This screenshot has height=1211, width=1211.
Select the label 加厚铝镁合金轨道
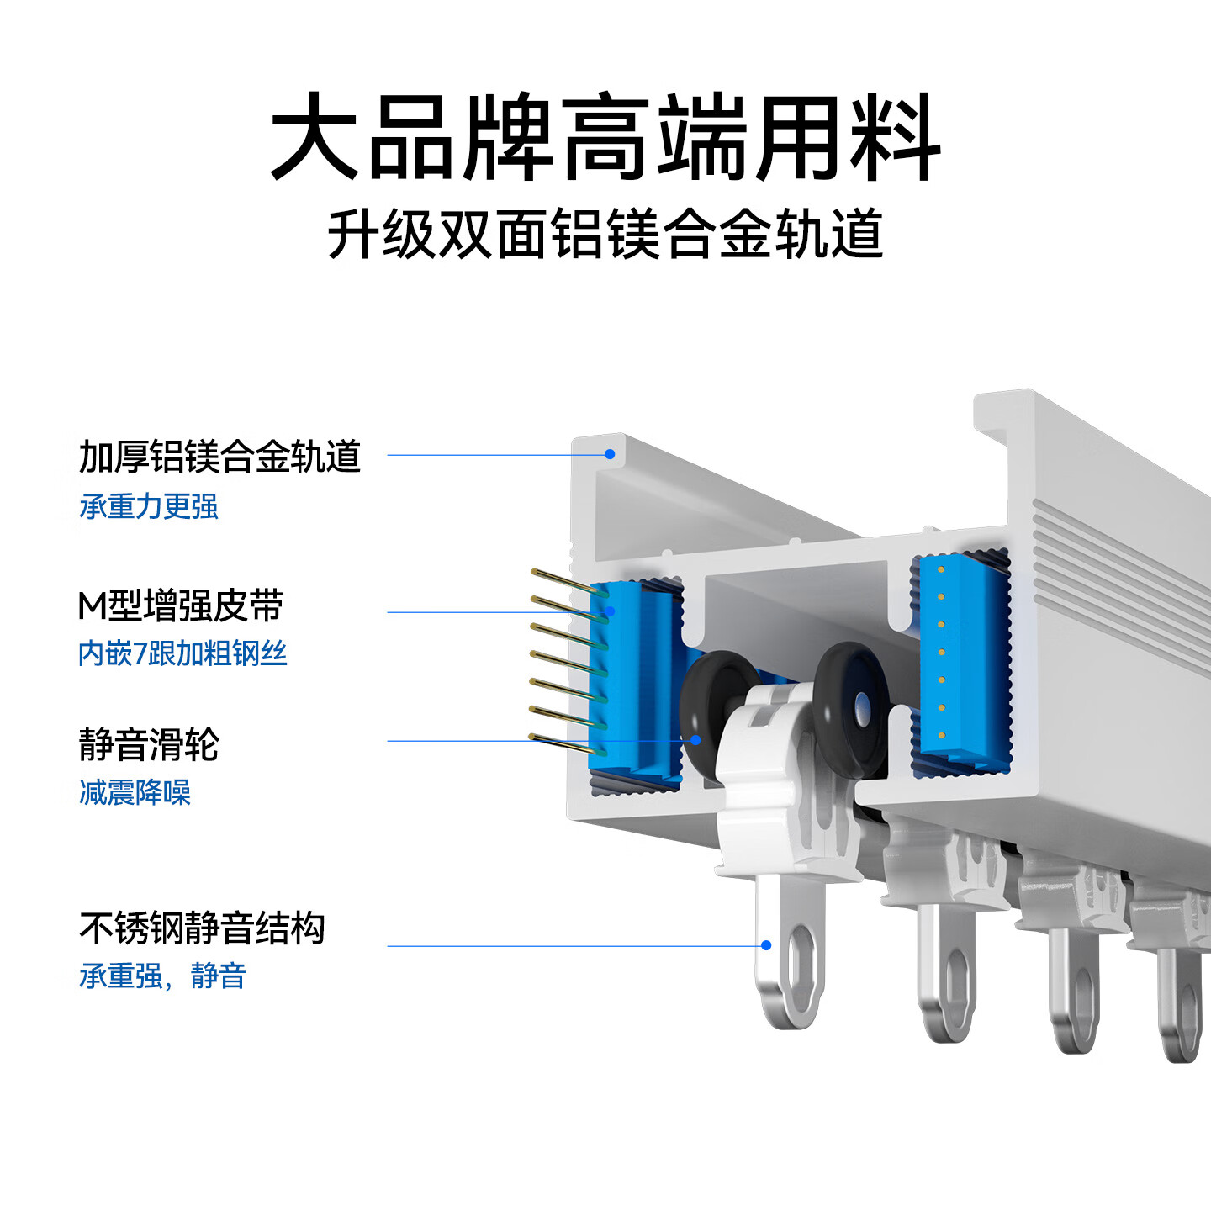point(219,457)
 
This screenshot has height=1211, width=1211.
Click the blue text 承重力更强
point(149,506)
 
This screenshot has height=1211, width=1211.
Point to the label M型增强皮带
point(181,605)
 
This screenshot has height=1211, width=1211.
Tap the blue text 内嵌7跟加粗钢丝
point(182,653)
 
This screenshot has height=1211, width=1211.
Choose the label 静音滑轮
point(149,744)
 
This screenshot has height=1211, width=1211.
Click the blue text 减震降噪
point(135,792)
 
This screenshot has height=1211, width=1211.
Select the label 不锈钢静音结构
point(202,928)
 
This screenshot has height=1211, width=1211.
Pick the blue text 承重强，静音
point(162,976)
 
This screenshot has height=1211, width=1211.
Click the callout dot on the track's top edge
point(610,454)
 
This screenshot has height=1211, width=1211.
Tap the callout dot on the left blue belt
point(611,611)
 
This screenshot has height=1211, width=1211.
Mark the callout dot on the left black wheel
point(695,740)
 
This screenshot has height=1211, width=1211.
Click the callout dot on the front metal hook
point(766,945)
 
